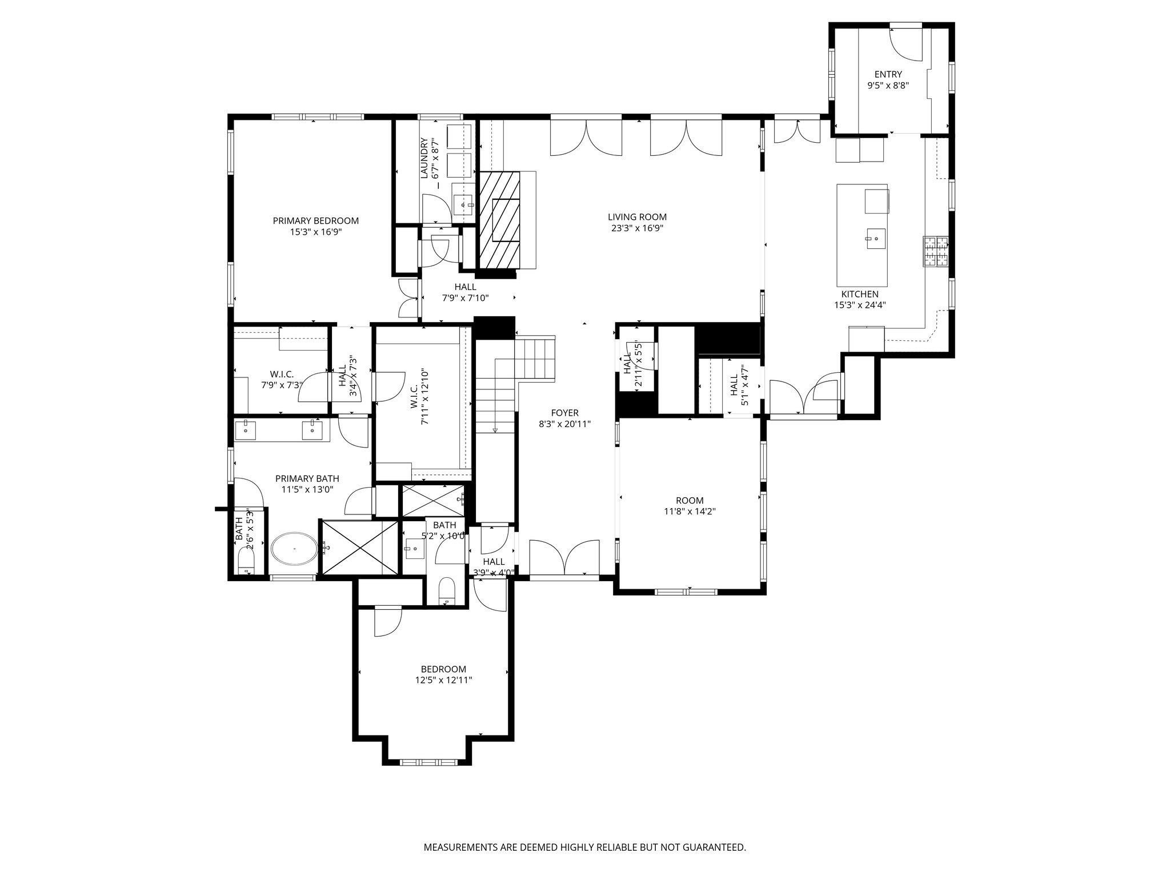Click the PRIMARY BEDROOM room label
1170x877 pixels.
tap(315, 221)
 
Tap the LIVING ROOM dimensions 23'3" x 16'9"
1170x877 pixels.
tap(637, 228)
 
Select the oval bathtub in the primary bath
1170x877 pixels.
tap(294, 549)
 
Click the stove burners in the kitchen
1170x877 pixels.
tap(935, 252)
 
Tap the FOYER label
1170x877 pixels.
tap(564, 413)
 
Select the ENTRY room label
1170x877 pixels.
tap(888, 74)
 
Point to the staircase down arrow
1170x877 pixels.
tap(495, 429)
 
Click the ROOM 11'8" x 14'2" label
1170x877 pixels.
tap(690, 506)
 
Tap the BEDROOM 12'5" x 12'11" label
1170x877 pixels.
tap(443, 674)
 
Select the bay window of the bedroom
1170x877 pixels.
tap(428, 762)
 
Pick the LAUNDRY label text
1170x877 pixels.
tap(424, 158)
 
